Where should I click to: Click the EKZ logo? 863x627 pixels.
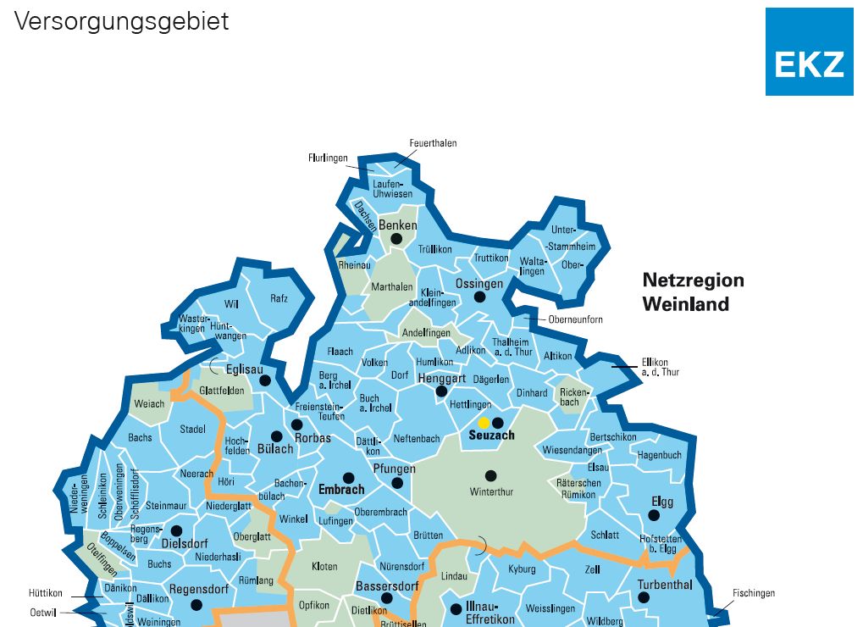(809, 52)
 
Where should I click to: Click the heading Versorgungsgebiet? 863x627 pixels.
(121, 21)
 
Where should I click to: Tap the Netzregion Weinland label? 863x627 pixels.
(693, 291)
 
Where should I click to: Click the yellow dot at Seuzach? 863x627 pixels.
(484, 423)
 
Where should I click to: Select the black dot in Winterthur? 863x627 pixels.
(490, 475)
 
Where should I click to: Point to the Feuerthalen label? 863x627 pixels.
(433, 143)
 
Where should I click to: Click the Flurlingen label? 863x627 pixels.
(329, 158)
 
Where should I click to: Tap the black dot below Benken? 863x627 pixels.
(396, 240)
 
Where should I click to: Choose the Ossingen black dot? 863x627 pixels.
(479, 297)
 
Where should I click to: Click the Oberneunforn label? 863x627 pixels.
(575, 319)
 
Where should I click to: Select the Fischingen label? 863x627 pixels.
(753, 593)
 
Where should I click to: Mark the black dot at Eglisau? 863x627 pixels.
(265, 380)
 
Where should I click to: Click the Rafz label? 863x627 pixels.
(279, 298)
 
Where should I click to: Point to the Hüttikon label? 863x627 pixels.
(46, 593)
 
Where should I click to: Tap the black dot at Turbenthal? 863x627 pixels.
(644, 597)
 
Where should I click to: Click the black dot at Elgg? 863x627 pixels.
(654, 514)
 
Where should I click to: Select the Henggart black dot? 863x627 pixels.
(440, 391)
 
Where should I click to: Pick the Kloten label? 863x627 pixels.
(324, 566)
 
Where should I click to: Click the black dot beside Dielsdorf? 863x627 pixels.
(176, 530)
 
